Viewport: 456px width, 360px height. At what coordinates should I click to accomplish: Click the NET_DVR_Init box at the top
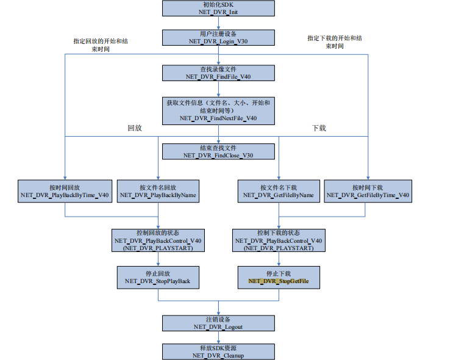[x=218, y=8]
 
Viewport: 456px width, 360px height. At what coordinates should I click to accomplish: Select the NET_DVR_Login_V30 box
[x=218, y=38]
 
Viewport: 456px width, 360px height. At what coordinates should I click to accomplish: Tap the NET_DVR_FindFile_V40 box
[x=218, y=73]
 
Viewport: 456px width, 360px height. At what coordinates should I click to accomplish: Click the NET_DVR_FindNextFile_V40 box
[x=218, y=110]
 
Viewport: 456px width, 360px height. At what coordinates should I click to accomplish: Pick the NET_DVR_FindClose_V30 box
[x=218, y=151]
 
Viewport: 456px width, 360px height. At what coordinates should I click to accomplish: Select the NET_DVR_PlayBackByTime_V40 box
[x=65, y=192]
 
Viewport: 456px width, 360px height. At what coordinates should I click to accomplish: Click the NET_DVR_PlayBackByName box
[x=158, y=192]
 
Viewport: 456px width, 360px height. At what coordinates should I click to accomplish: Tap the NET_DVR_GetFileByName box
[x=279, y=192]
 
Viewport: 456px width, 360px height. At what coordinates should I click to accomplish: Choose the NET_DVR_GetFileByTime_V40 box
[x=368, y=192]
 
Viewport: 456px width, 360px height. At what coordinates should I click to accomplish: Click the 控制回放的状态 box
[x=158, y=240]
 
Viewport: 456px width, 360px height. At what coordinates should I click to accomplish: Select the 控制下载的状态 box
[x=279, y=240]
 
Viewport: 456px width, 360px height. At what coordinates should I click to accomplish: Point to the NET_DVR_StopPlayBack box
[x=158, y=277]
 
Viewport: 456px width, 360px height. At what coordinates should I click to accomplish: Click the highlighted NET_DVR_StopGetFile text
[x=279, y=281]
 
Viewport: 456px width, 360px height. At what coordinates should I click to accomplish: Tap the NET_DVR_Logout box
[x=218, y=323]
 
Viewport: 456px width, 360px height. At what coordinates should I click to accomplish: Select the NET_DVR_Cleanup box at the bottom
[x=218, y=351]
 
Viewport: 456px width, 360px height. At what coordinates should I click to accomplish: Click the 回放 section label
[x=135, y=128]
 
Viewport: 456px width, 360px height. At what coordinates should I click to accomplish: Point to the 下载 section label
[x=319, y=128]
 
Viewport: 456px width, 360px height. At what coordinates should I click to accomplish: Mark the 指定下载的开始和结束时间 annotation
[x=334, y=41]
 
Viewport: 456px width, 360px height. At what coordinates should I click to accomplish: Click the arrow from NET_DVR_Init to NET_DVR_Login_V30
[x=218, y=23]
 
